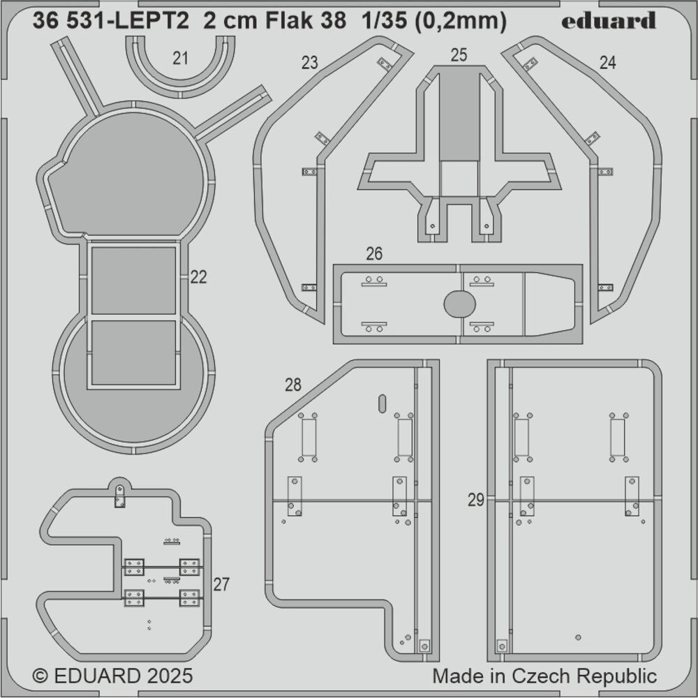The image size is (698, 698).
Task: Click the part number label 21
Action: tap(181, 59)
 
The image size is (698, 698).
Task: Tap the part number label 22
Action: tap(198, 277)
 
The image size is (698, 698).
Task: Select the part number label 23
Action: tap(309, 63)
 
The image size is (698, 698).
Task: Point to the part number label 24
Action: tap(607, 63)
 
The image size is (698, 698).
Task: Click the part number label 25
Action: tap(459, 56)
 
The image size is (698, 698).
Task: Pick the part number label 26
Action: tap(374, 254)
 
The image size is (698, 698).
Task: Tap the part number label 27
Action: tap(221, 585)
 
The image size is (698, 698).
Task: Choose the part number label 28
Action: tap(293, 385)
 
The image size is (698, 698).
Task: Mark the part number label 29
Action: tap(476, 500)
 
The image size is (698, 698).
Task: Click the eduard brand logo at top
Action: tap(609, 21)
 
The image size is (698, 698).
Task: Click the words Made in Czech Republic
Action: tap(544, 676)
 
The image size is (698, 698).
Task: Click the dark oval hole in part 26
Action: tap(460, 304)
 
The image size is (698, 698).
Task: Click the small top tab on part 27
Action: tap(119, 494)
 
